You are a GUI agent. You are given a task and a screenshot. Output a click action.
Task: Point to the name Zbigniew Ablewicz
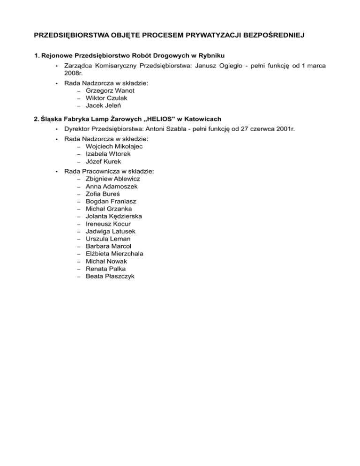click(x=112, y=179)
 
